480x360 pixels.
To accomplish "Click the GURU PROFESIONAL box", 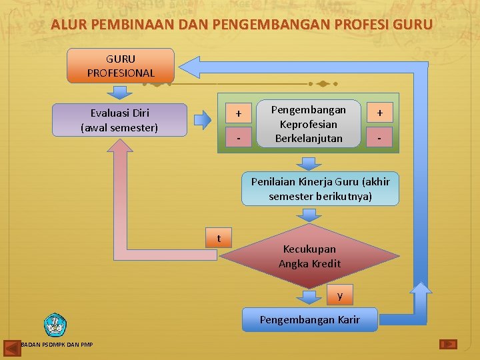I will click(x=121, y=65).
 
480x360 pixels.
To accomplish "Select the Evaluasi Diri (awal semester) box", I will click(x=119, y=120).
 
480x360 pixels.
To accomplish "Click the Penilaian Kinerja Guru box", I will click(x=321, y=189).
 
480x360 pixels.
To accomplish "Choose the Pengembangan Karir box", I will click(x=309, y=319).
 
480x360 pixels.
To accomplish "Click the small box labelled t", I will click(x=219, y=238).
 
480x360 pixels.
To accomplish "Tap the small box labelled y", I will click(x=340, y=295).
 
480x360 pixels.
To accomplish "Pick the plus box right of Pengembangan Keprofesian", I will click(x=379, y=113).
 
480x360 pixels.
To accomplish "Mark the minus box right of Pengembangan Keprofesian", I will click(x=379, y=138).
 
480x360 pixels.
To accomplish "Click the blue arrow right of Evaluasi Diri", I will click(x=203, y=120).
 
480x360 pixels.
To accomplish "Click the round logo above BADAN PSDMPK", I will click(x=55, y=325).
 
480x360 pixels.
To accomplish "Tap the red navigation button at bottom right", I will click(x=448, y=344).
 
